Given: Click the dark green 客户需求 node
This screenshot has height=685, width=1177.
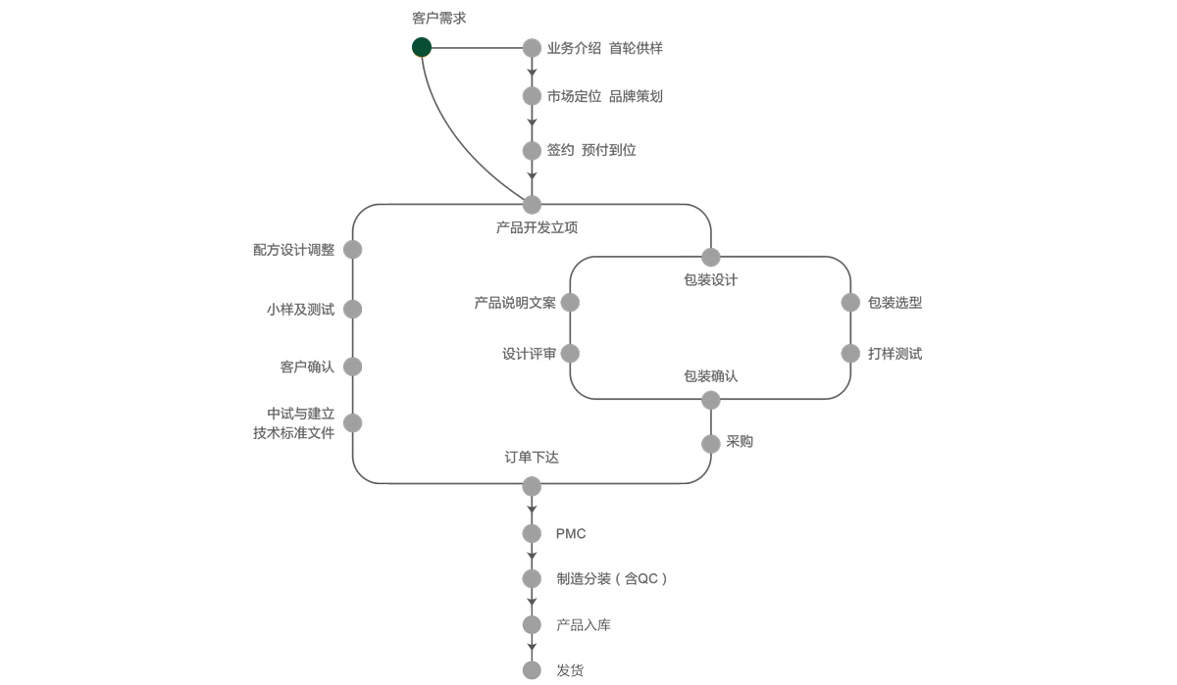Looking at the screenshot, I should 422,47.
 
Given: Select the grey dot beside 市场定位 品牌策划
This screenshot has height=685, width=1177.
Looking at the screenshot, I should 532,96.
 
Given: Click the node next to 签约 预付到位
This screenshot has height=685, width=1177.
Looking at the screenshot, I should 532,150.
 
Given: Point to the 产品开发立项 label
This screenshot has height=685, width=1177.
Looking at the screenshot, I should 537,227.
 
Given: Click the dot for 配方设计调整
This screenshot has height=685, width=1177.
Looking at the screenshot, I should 353,250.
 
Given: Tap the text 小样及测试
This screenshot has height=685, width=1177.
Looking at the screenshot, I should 300,310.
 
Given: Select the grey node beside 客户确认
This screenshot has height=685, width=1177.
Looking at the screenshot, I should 353,367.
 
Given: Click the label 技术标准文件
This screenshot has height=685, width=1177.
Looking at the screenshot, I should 293,432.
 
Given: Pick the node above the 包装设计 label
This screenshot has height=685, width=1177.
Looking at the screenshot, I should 711,258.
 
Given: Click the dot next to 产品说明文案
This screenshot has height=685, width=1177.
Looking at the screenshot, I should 570,303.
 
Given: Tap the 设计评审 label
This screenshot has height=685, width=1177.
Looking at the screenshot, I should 529,354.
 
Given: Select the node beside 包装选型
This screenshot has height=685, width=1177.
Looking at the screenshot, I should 850,303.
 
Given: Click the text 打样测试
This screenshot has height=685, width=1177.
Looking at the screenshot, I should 895,354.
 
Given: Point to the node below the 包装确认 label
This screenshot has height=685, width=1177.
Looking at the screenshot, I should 711,400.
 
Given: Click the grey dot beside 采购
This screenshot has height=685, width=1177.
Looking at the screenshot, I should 711,444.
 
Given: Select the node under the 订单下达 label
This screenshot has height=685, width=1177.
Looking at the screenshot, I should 532,486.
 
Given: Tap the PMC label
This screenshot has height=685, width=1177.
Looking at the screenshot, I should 571,534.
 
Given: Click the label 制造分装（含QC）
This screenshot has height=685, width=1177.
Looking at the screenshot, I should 612,579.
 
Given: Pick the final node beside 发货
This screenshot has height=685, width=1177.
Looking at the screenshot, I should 532,670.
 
